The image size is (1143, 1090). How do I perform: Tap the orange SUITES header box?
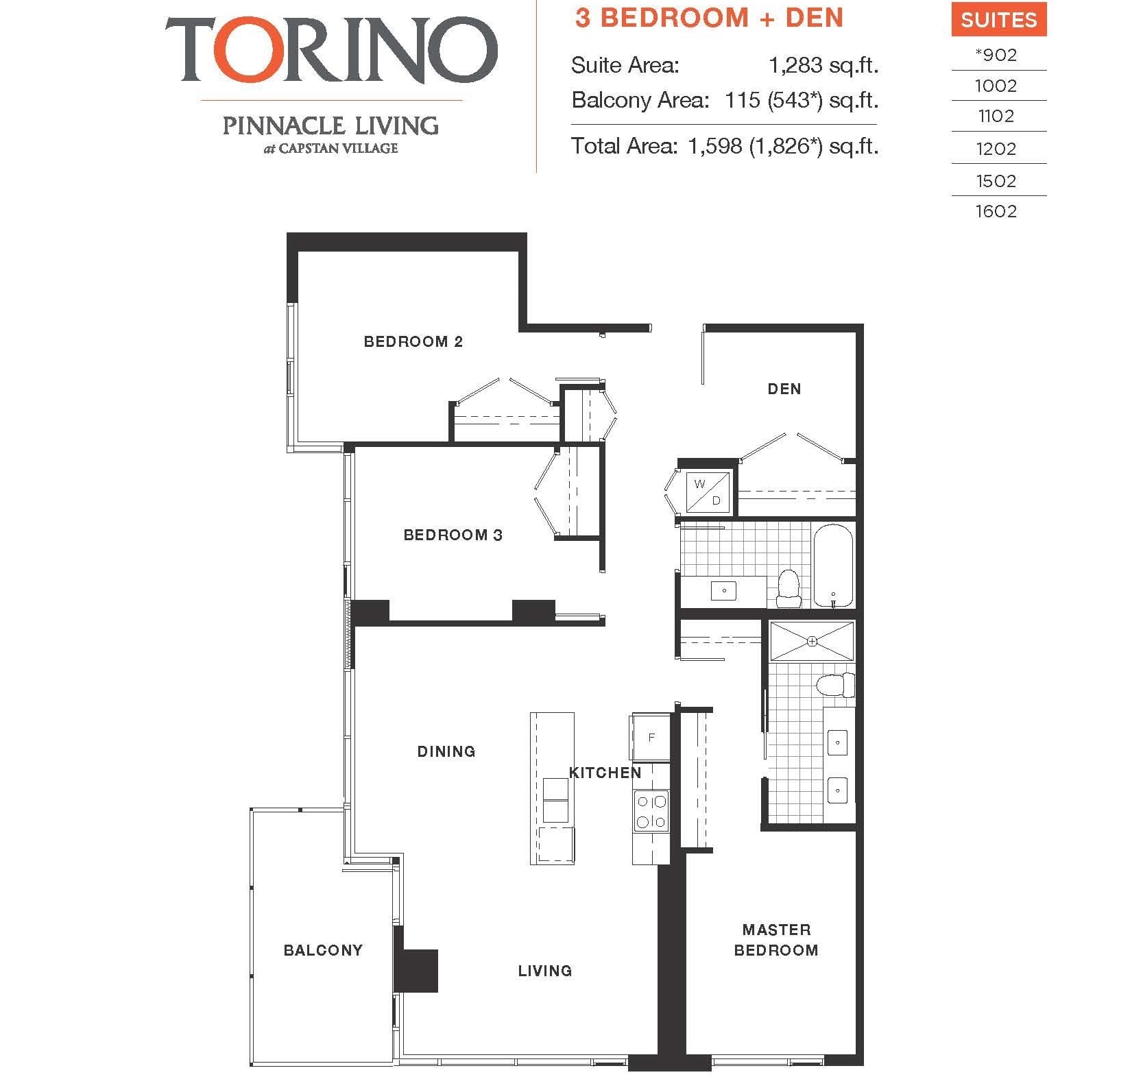(x=998, y=20)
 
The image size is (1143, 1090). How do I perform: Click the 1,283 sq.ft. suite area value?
(x=823, y=65)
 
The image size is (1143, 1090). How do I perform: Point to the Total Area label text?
(x=624, y=146)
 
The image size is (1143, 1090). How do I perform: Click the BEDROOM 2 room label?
(x=413, y=341)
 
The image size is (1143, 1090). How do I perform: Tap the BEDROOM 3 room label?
(x=453, y=535)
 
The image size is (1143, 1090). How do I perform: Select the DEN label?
(x=784, y=389)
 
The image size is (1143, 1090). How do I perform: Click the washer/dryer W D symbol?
(x=708, y=492)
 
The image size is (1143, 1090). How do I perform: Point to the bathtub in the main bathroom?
(x=832, y=566)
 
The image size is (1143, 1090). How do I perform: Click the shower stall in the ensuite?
(x=812, y=642)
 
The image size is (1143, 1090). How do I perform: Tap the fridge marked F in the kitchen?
(x=651, y=738)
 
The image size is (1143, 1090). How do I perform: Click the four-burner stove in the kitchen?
(x=651, y=811)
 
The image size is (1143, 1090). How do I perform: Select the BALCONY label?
(x=323, y=950)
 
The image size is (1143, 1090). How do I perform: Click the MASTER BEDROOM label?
(x=775, y=940)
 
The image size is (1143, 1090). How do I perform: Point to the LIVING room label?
(x=544, y=971)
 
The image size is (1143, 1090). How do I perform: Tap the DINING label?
(x=446, y=751)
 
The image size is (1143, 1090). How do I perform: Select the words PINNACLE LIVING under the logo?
(x=330, y=125)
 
